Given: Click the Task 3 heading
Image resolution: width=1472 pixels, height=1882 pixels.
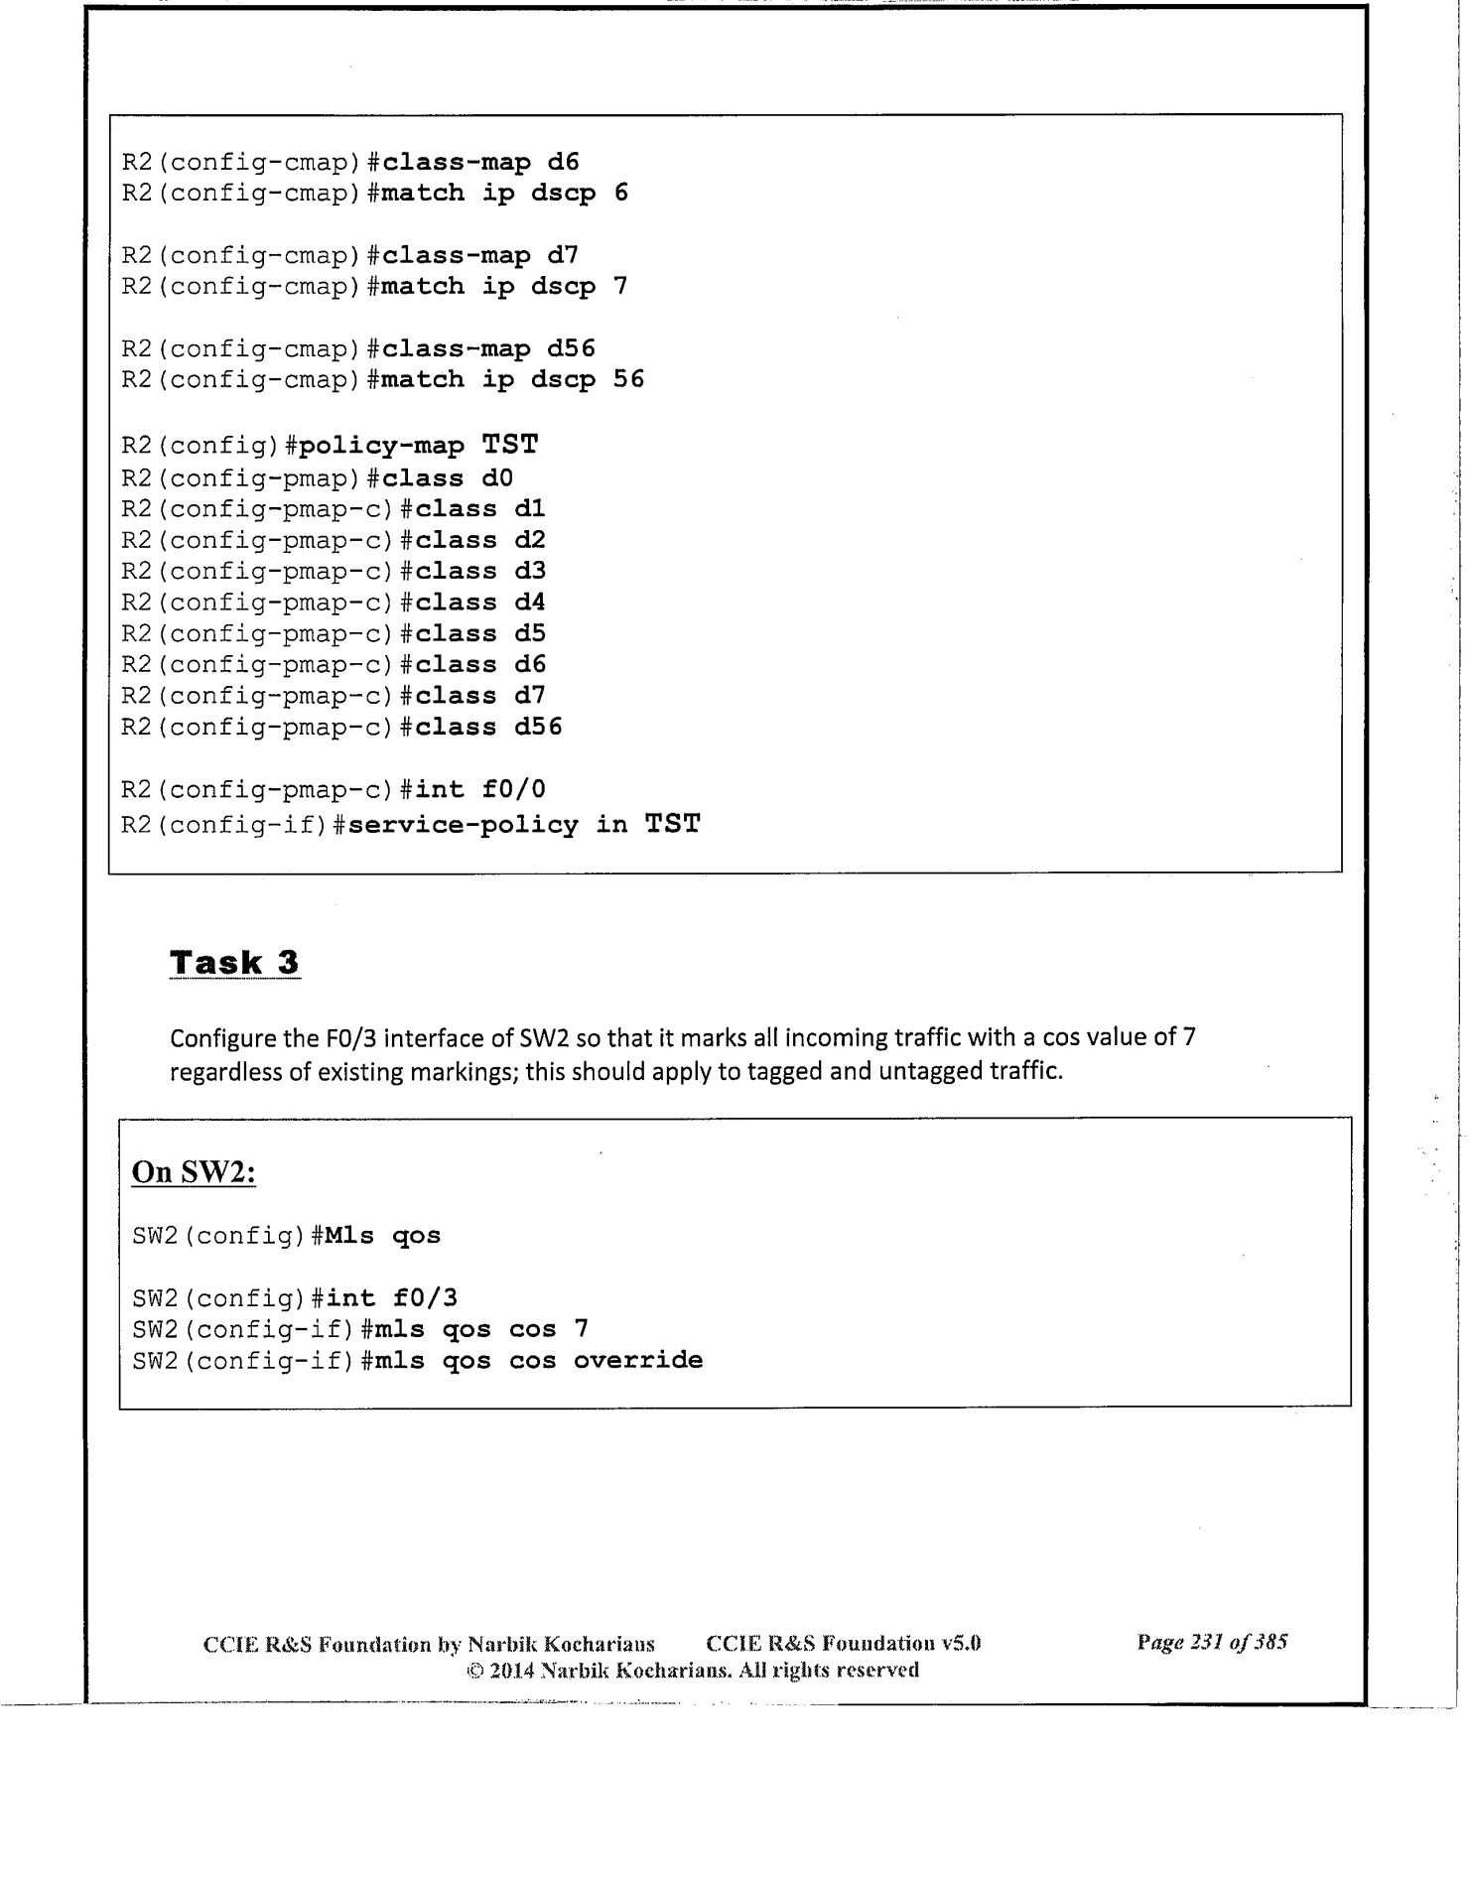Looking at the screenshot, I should pos(234,963).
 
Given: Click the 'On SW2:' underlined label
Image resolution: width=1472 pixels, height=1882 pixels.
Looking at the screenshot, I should pos(195,1172).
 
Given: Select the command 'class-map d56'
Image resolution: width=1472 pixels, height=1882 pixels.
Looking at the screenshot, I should pos(488,349).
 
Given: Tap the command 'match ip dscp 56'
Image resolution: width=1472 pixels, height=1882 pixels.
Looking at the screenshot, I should pos(512,380).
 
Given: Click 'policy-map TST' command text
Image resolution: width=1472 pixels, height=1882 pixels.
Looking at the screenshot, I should pos(418,446).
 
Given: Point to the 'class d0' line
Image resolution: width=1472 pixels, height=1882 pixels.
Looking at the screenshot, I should pos(448,478).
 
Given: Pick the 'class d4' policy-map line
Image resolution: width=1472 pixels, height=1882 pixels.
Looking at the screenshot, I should pos(480,603).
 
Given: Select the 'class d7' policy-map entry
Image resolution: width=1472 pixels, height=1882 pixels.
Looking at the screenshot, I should pos(480,696).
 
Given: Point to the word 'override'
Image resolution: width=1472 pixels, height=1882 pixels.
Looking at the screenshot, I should pos(638,1360).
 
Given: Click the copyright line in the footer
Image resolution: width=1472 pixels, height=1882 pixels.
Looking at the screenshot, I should pos(693,1670).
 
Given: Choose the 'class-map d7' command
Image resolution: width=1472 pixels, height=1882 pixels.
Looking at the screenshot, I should pos(480,256).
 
